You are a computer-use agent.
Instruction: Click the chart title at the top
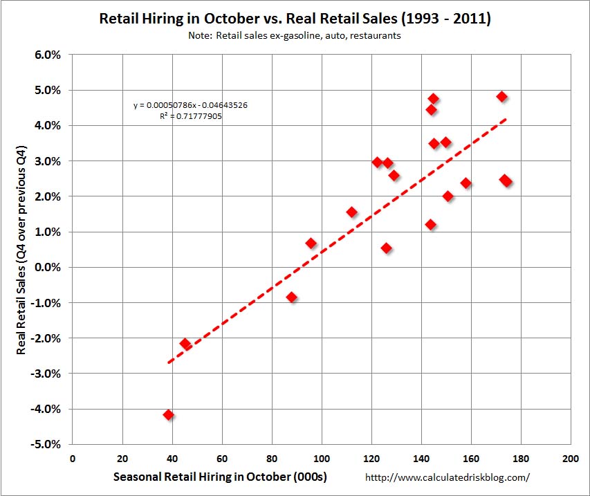[295, 18]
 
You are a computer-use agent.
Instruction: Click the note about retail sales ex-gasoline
[295, 36]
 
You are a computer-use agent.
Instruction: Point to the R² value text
[190, 116]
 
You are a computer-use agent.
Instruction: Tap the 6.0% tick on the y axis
[48, 55]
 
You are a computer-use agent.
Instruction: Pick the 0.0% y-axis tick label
[48, 267]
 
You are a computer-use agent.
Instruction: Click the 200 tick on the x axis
[571, 458]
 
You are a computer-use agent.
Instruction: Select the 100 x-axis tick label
[322, 458]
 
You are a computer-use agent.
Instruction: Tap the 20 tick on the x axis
[122, 458]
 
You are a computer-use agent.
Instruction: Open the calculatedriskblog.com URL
[447, 477]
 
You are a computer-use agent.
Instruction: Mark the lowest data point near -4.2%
[168, 415]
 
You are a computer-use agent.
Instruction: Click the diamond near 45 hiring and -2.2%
[185, 343]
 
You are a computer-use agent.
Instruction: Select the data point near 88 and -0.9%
[292, 297]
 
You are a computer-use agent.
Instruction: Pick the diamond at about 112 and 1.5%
[351, 212]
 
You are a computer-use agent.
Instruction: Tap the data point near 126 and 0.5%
[386, 248]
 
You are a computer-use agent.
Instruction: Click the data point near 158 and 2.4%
[465, 183]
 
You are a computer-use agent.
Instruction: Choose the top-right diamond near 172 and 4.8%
[502, 97]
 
